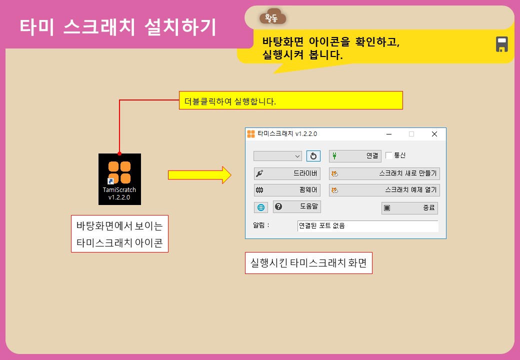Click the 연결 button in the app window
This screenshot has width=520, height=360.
(355, 156)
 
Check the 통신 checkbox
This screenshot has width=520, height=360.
(389, 156)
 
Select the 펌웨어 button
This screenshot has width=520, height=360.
(287, 190)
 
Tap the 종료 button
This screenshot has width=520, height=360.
(409, 208)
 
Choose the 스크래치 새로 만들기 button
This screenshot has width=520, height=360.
(384, 174)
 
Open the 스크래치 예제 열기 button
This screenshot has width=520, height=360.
(384, 190)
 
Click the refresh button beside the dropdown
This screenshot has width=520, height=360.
(313, 156)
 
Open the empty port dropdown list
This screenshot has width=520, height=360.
(277, 156)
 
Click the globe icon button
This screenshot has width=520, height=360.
(261, 207)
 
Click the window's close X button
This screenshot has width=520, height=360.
(434, 134)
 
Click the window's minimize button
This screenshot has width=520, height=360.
(388, 134)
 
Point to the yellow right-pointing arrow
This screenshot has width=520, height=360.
(199, 174)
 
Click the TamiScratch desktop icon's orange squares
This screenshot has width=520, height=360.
(119, 172)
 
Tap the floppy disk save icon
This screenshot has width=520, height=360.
(502, 44)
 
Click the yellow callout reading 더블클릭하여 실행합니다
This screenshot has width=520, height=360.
(291, 100)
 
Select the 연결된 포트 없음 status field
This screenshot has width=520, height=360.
(367, 226)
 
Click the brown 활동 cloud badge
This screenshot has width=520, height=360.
(272, 17)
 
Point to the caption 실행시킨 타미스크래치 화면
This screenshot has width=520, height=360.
(309, 263)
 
